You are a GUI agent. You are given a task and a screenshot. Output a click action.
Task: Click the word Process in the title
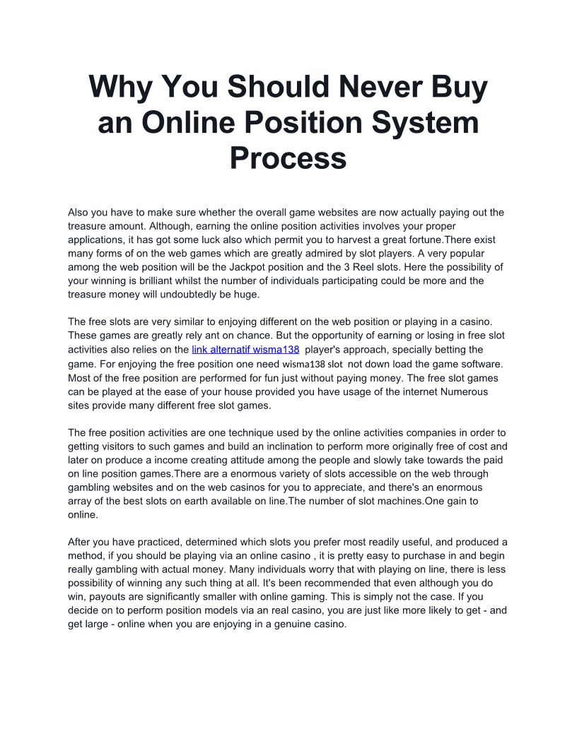coord(288,158)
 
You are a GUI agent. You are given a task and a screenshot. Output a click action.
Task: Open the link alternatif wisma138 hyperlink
coord(245,350)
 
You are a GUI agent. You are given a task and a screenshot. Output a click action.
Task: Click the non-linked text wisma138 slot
coord(312,365)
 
